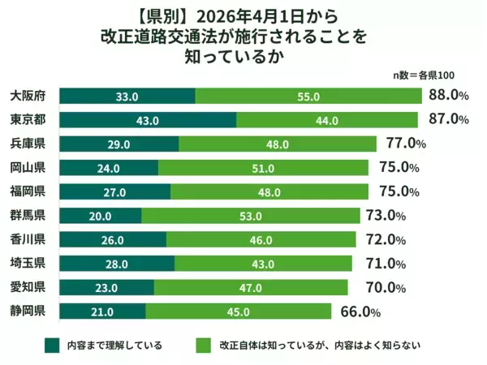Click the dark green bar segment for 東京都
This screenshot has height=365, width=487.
pos(149,120)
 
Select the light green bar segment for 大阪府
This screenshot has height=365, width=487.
pos(308,96)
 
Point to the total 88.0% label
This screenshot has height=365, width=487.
pos(448,96)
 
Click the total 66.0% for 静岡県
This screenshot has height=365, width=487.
pos(358,311)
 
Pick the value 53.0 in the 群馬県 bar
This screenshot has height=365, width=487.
pos(251,216)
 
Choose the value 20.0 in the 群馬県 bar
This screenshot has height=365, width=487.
pos(101,216)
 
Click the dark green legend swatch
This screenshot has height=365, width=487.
pos(54,346)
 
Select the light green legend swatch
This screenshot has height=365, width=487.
pos(205,346)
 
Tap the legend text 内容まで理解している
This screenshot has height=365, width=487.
pos(114,346)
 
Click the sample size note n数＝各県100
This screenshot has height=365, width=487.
pos(424,75)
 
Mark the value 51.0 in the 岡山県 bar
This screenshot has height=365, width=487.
pos(263,168)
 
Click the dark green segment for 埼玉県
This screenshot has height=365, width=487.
pos(118,264)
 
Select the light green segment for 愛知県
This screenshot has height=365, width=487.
pos(250,287)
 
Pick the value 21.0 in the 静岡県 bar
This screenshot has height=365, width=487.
pos(103,311)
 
